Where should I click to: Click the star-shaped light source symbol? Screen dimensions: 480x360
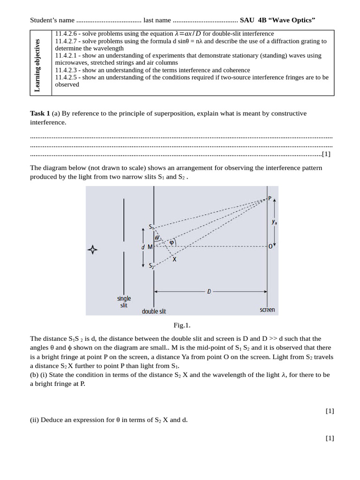point(93,250)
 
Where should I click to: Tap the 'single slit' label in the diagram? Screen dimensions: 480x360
point(124,301)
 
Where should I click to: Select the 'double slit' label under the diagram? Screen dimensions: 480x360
point(154,311)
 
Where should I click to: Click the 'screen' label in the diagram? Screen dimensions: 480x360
point(267,310)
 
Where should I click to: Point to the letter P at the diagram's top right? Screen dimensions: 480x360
point(270,198)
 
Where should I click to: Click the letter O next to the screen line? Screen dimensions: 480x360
point(270,247)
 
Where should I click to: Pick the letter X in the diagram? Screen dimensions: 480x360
point(174,259)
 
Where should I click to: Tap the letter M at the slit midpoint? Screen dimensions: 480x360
point(150,247)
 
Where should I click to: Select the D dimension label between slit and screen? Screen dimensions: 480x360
point(209,291)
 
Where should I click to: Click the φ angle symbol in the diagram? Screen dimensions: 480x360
point(172,242)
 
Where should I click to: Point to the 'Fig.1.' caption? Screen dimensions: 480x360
point(182,325)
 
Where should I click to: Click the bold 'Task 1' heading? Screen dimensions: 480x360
point(40,113)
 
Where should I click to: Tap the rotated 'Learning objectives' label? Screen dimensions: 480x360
point(37,65)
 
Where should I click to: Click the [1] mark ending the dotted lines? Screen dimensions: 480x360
point(326,154)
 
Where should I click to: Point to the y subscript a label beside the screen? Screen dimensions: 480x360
point(274,223)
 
